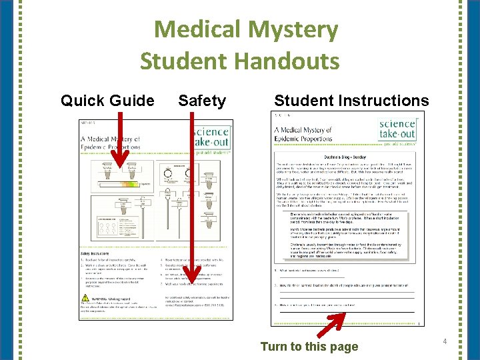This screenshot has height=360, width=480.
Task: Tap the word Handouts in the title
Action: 286,61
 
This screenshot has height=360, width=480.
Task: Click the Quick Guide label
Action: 107,101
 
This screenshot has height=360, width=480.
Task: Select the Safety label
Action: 202,101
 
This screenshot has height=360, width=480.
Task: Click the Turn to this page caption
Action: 309,346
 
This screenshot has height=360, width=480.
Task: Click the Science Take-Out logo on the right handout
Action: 397,129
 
